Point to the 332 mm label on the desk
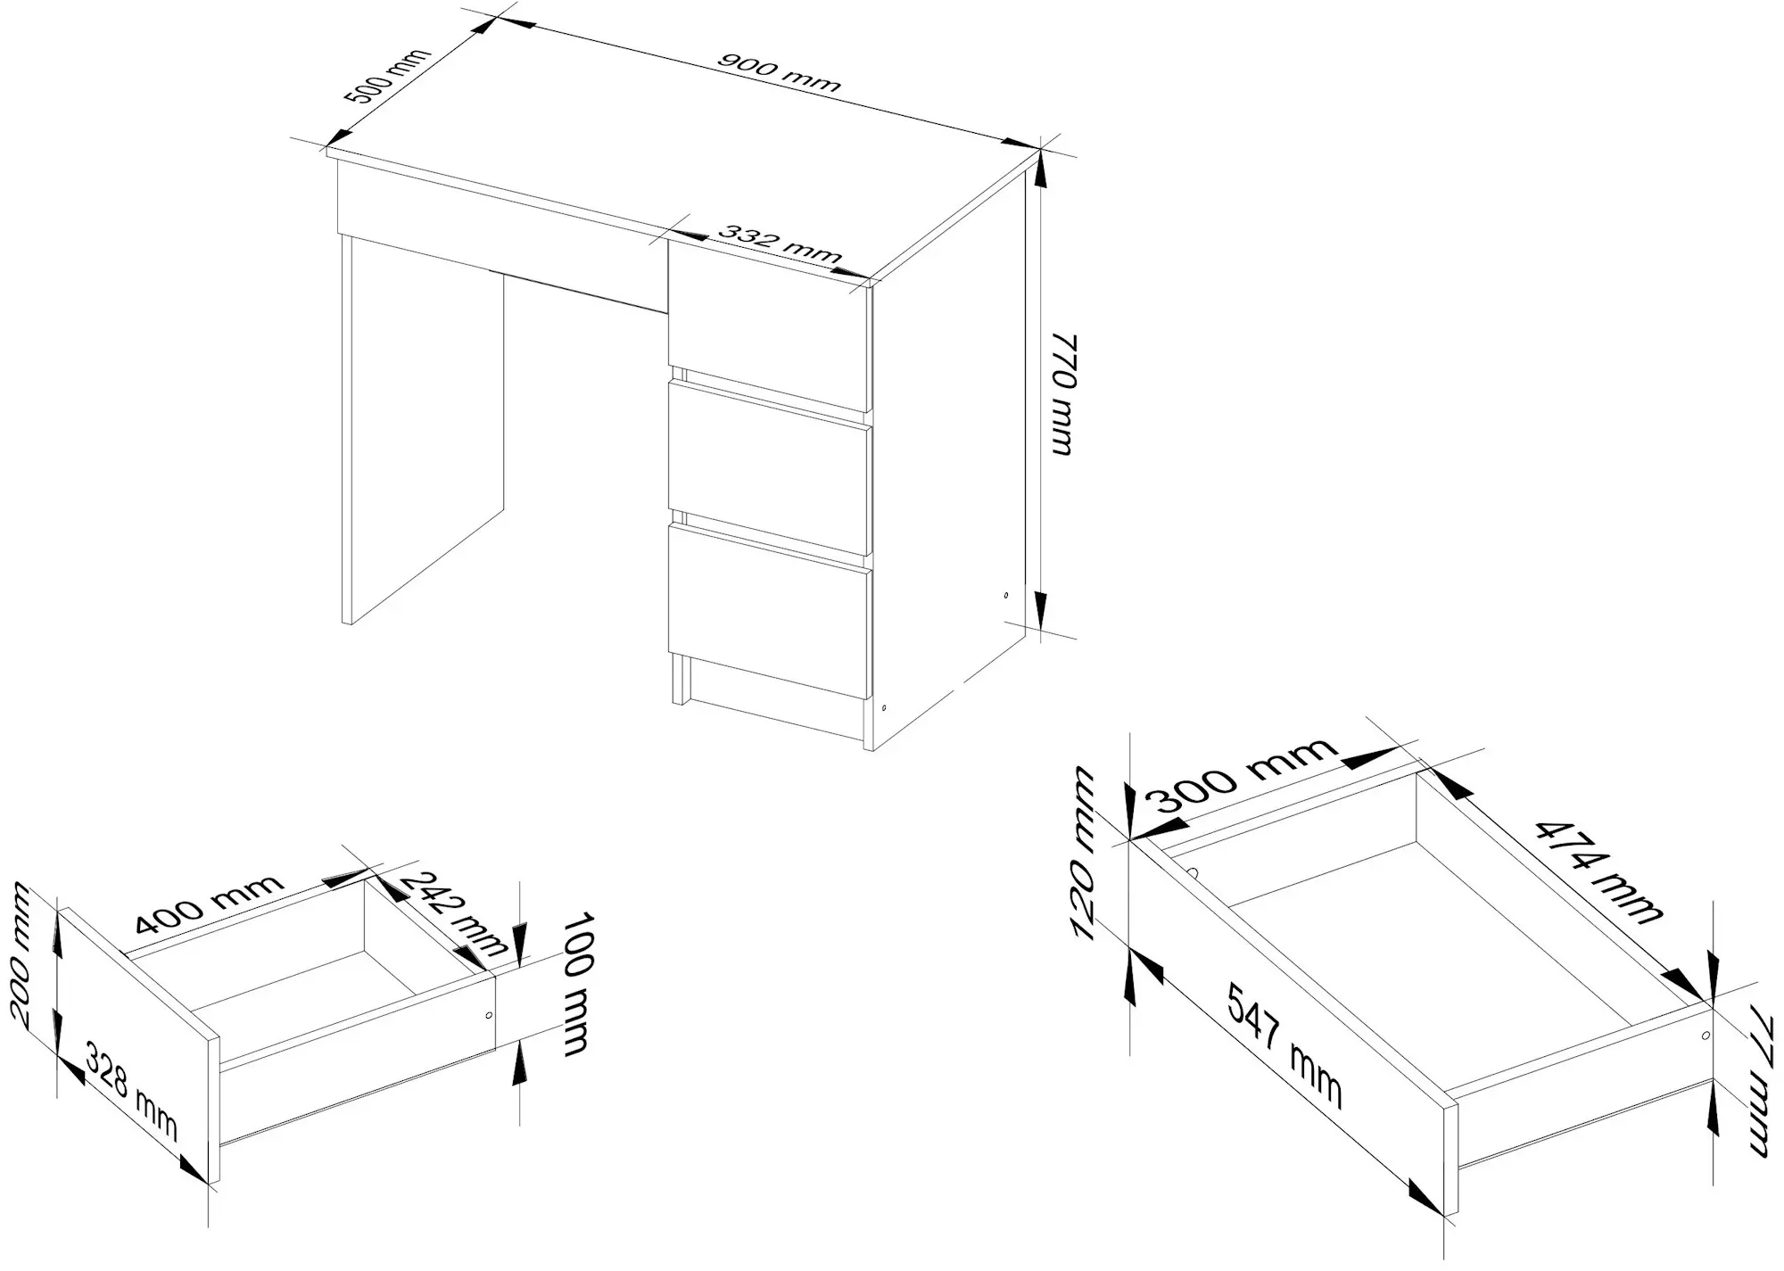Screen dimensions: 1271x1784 [x=778, y=246]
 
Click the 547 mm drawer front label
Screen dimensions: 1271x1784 [x=1284, y=1044]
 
